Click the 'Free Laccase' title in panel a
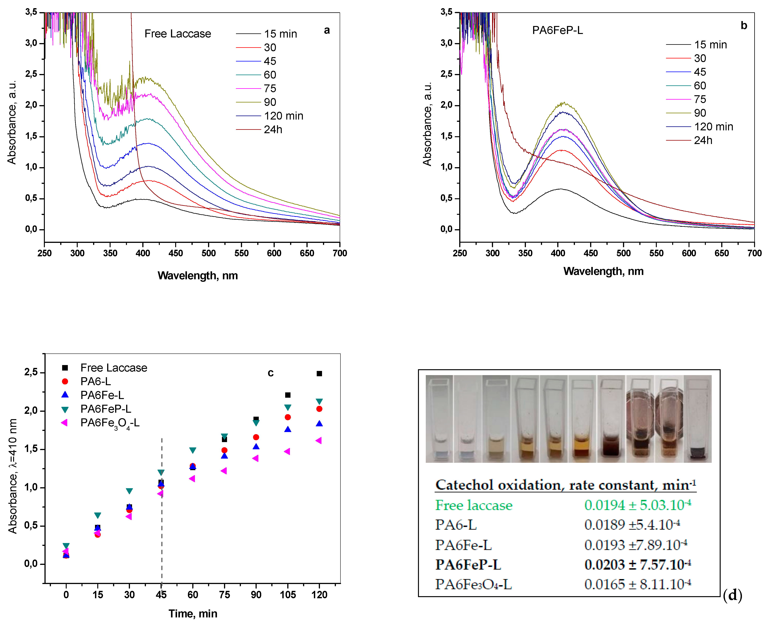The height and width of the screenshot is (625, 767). tap(178, 34)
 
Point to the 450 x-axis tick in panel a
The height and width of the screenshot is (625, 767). tap(176, 253)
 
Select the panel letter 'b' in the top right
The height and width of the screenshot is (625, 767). tap(744, 26)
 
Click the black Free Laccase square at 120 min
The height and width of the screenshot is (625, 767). tap(319, 374)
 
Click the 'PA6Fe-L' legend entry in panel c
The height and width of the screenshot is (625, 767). tap(102, 395)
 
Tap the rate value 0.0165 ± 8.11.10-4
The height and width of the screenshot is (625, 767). tap(637, 584)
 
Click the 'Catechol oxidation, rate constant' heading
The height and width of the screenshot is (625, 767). tap(565, 485)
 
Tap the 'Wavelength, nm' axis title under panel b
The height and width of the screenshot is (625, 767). tap(603, 271)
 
